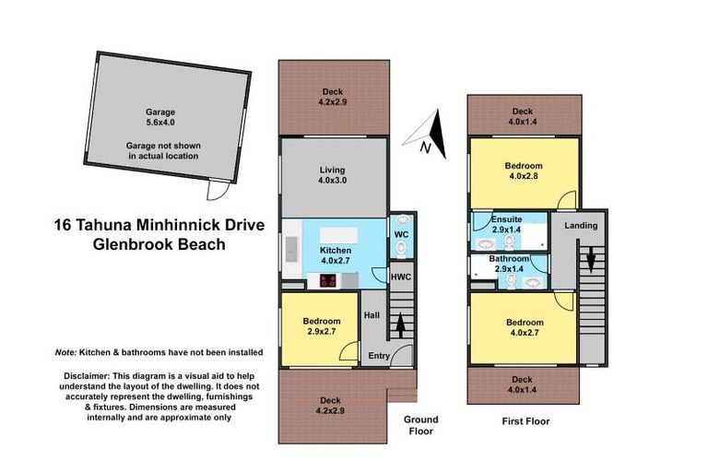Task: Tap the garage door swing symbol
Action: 216,190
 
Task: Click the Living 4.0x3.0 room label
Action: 334,175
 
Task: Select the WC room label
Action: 401,235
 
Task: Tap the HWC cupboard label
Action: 401,277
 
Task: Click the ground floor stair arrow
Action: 400,324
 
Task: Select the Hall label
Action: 372,314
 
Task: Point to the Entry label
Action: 379,356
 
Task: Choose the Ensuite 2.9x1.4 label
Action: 507,223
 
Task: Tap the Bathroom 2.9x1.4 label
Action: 508,265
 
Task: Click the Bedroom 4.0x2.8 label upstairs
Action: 523,171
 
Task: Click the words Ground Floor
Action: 419,425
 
